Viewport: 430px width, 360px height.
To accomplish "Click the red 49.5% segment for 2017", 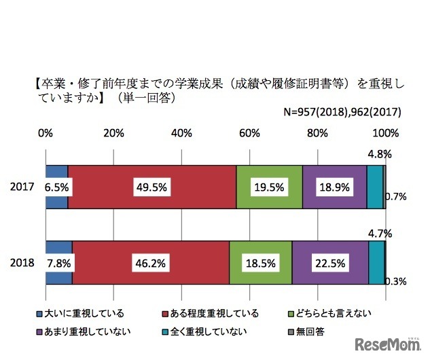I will pyautogui.click(x=152, y=187).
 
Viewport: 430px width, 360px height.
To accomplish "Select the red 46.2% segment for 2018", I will pyautogui.click(x=151, y=262).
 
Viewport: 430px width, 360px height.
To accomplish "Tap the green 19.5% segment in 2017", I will pyautogui.click(x=269, y=187).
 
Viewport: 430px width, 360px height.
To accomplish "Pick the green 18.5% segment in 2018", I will pyautogui.click(x=260, y=262).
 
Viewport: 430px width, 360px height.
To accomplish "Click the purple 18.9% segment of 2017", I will pyautogui.click(x=334, y=187).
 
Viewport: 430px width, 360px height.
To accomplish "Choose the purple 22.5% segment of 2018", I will pyautogui.click(x=330, y=262).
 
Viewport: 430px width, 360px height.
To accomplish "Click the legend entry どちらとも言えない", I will pyautogui.click(x=332, y=313).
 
